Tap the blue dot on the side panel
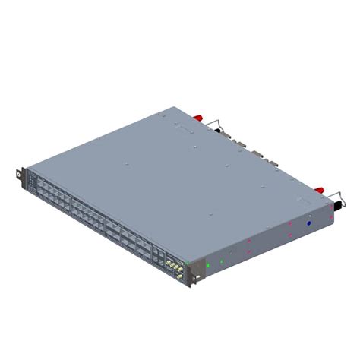(x=309, y=223)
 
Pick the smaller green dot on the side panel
(x=222, y=261)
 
